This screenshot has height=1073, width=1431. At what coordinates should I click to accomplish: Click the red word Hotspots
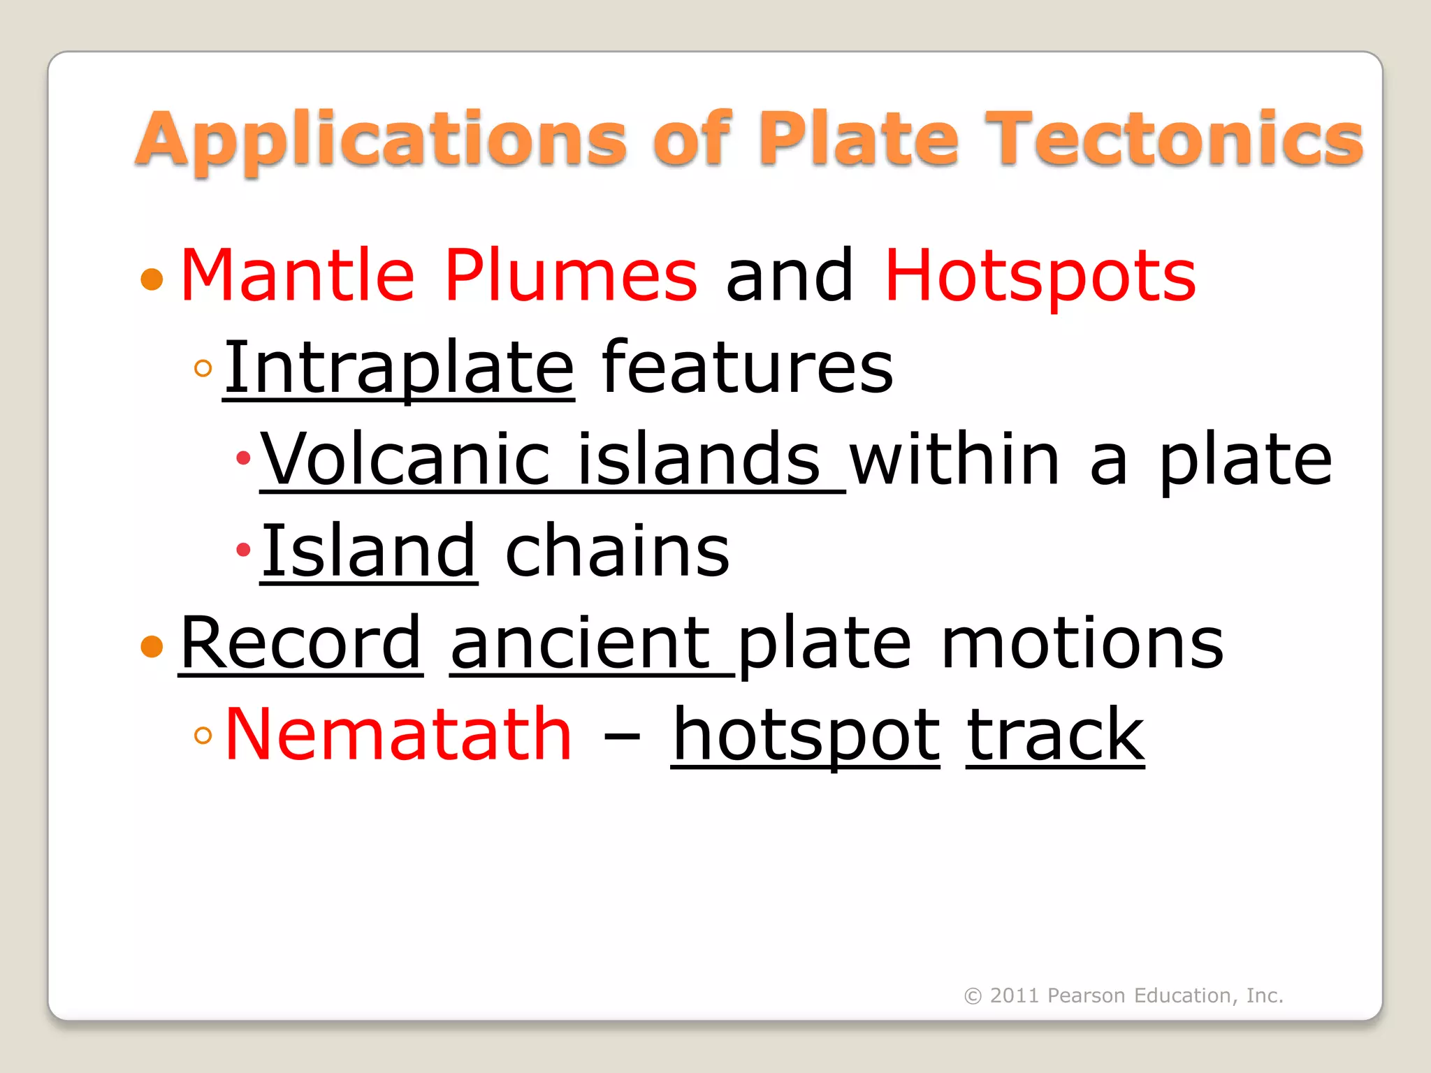1040,277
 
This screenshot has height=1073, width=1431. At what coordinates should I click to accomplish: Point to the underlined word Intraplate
399,368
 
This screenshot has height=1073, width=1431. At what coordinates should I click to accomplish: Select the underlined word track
1055,734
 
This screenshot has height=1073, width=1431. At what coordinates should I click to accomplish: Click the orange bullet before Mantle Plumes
152,279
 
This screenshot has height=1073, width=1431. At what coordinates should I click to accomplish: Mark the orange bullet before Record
152,646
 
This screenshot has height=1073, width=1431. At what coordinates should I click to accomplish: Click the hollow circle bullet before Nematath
203,735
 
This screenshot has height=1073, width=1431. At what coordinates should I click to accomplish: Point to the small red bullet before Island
243,550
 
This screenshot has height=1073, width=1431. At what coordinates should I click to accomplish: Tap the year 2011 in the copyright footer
1015,995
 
